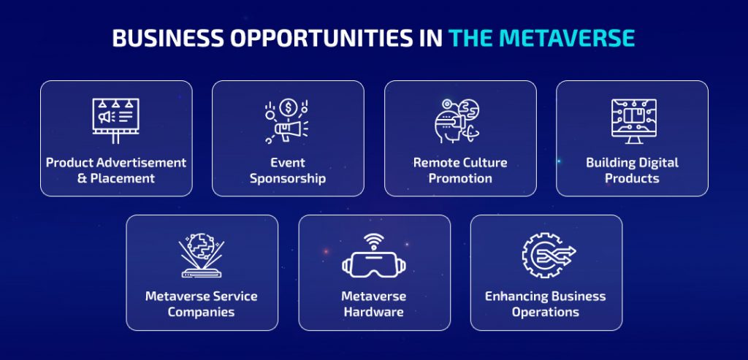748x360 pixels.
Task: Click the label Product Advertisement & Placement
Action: coord(116,170)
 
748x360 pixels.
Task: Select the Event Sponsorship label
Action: coord(288,170)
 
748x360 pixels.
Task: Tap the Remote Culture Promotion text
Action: coord(460,170)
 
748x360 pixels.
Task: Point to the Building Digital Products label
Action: coord(632,170)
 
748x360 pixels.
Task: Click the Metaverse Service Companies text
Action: coord(202,304)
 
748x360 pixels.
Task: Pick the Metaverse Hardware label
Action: coord(374,304)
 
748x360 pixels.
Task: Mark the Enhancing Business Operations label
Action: coord(546,304)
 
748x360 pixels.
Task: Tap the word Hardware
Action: coord(374,313)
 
